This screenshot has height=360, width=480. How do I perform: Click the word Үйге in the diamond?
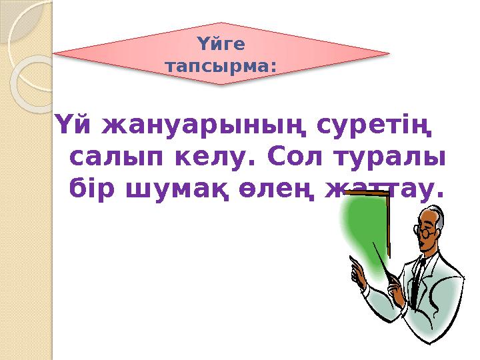coord(221,44)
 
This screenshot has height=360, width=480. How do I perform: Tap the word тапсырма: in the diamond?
coord(221,67)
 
